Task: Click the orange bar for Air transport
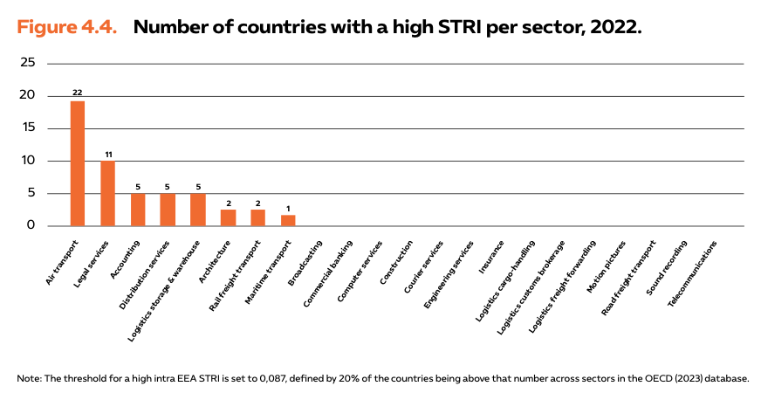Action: [78, 163]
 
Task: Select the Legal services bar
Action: [107, 193]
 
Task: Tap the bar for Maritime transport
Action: [288, 220]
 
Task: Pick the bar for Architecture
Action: [228, 217]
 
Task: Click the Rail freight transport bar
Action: [257, 217]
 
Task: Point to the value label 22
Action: [78, 92]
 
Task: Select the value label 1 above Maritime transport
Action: [288, 208]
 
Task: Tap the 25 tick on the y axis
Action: [28, 63]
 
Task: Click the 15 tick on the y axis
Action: [28, 128]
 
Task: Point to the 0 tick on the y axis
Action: [31, 225]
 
